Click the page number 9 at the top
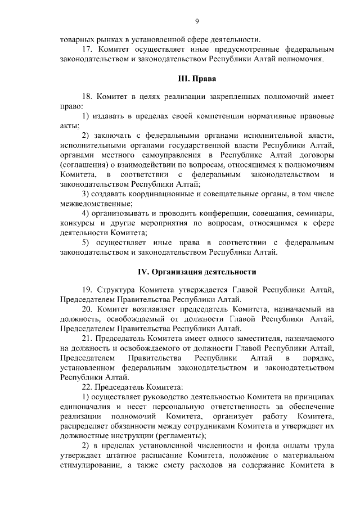[x=197, y=21]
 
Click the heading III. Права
[x=197, y=78]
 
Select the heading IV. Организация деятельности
[x=197, y=272]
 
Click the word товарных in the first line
[x=78, y=39]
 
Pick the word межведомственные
[x=94, y=203]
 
